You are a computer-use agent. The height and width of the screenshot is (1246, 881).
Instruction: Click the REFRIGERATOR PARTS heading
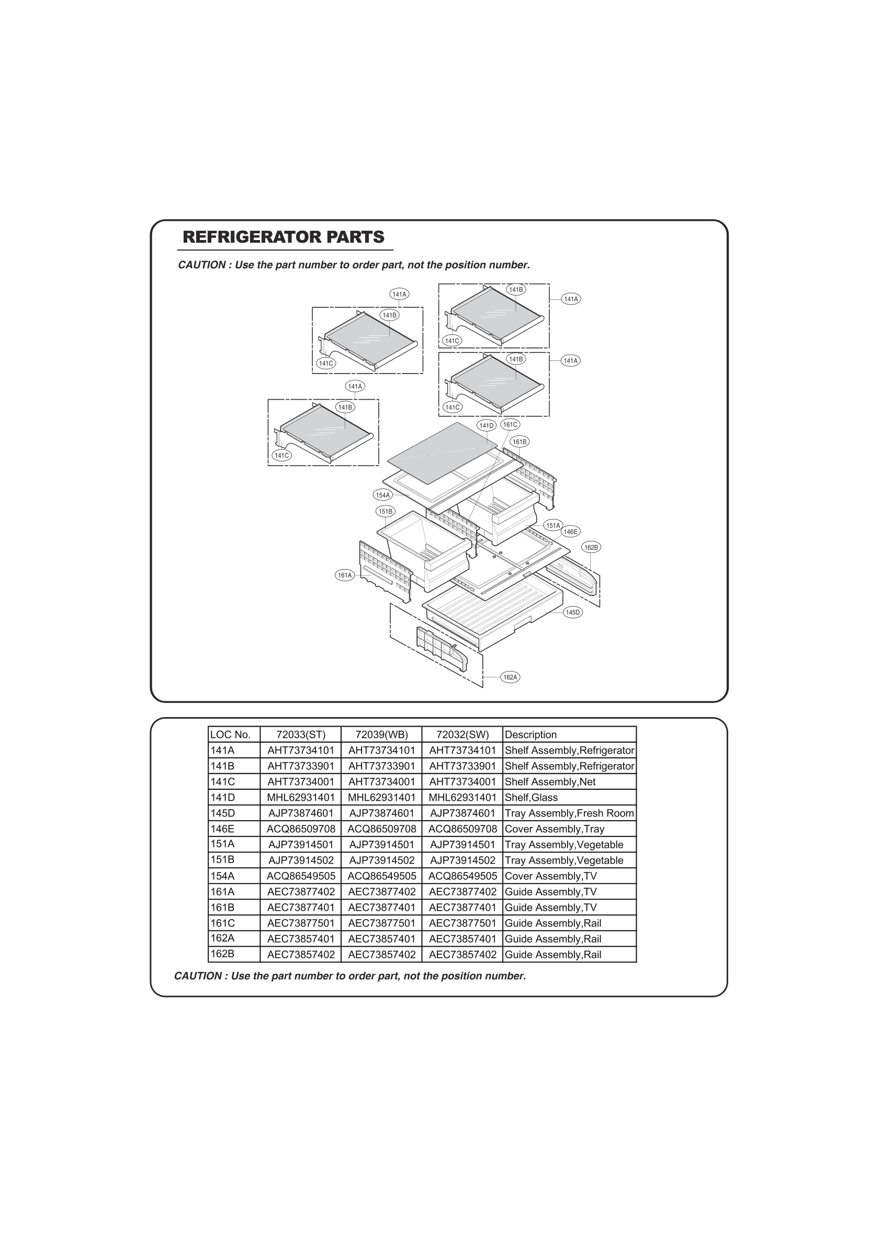[284, 237]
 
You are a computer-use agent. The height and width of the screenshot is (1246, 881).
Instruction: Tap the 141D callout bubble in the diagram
[486, 425]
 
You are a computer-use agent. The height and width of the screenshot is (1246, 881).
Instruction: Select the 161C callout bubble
[510, 424]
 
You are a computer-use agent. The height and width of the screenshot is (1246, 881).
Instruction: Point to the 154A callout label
[382, 495]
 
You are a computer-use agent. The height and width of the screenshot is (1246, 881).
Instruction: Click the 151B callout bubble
[386, 511]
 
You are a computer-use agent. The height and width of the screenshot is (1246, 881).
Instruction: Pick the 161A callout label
[345, 575]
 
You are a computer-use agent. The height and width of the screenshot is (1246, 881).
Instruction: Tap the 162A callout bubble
[510, 677]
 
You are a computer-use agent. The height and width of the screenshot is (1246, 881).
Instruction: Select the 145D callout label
[573, 613]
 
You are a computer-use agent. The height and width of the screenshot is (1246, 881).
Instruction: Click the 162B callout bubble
[591, 548]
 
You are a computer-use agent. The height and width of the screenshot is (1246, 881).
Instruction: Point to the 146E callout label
[570, 532]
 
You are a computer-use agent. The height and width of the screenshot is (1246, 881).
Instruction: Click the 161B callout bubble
[519, 441]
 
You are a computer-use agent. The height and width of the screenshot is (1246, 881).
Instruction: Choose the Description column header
[530, 735]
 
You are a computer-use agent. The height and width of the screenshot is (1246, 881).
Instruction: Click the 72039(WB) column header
[381, 735]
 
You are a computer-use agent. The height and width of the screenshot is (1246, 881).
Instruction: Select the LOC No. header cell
[231, 735]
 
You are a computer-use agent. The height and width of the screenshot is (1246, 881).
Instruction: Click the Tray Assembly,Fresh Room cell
[569, 813]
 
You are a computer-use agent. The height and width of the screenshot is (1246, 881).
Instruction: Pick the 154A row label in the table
[222, 875]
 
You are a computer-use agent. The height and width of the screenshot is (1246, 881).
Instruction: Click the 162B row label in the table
[222, 954]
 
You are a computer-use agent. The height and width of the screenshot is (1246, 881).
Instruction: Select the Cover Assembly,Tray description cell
[554, 829]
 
